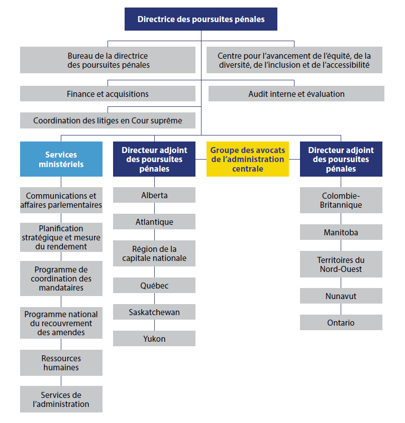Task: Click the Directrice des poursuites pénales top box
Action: tap(201, 20)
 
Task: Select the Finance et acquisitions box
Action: tap(108, 94)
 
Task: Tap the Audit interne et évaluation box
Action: tap(296, 94)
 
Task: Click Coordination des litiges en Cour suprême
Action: tap(108, 120)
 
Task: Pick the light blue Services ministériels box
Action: tap(61, 159)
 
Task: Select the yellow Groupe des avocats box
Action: tap(247, 159)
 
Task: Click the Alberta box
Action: tap(154, 195)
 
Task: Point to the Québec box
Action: tap(154, 286)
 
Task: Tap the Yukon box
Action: tap(154, 339)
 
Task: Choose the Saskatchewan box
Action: tap(154, 312)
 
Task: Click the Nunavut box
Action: tap(341, 296)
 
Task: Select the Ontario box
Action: tap(341, 323)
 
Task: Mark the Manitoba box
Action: tap(341, 232)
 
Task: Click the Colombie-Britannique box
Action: tap(341, 200)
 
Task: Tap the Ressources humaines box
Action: tap(61, 363)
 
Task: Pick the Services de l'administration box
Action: tap(61, 399)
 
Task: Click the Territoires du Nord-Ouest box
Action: tap(341, 264)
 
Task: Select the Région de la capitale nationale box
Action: tap(154, 254)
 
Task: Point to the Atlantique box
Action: tap(154, 222)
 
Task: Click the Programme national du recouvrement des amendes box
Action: tap(61, 323)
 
